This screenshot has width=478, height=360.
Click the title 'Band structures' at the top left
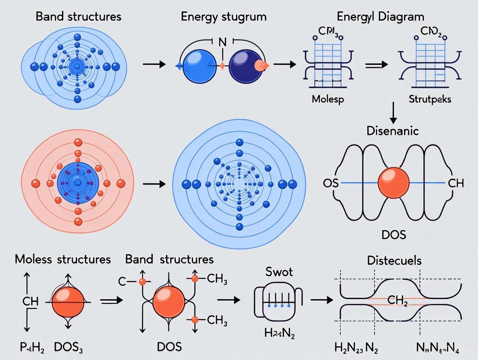point(78,17)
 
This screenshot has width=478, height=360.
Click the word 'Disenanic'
point(393,130)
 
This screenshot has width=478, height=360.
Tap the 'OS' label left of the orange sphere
point(330,183)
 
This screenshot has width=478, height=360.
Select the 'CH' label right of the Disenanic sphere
point(455,183)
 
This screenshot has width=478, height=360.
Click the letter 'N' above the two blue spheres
point(223,43)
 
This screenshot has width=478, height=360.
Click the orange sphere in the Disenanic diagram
point(393,183)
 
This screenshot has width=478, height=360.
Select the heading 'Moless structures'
point(63,260)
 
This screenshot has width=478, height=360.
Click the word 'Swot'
point(279,272)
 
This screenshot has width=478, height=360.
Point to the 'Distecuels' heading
point(394,260)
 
